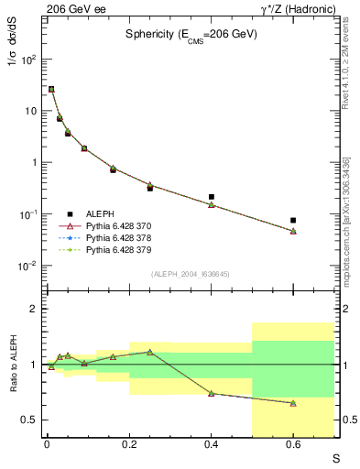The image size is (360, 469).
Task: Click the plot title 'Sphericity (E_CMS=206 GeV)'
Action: click(191, 34)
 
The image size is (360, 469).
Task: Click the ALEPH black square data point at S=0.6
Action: click(293, 221)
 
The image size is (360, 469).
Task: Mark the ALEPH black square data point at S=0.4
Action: click(212, 197)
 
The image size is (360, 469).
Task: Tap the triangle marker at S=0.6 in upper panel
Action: click(293, 231)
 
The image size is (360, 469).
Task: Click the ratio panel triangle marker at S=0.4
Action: click(212, 393)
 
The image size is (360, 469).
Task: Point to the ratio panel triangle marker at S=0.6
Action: click(293, 403)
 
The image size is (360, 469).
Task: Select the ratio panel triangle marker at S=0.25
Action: click(150, 352)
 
